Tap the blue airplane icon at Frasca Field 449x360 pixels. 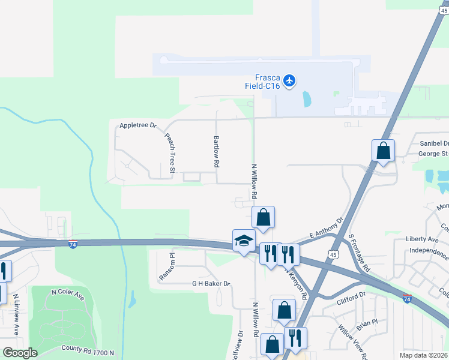click(x=290, y=80)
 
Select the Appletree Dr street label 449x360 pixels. click(x=137, y=125)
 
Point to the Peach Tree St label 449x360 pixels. click(x=169, y=154)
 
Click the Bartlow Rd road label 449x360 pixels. click(x=216, y=150)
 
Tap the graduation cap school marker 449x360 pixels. click(x=244, y=241)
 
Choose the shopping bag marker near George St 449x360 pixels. click(x=383, y=151)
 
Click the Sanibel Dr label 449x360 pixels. click(x=433, y=144)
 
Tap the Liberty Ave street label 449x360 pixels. click(x=423, y=239)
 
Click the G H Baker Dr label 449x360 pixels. click(x=211, y=283)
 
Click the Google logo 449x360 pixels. click(x=20, y=353)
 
